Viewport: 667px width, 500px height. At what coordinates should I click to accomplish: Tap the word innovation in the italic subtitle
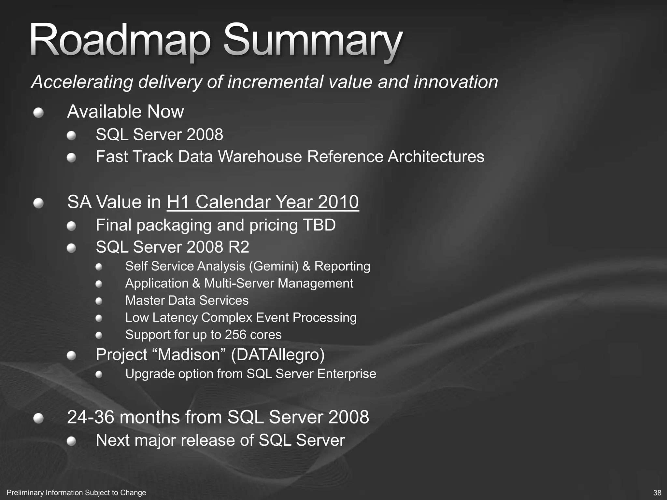coord(456,82)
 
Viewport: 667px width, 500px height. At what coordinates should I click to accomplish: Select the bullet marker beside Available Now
coord(38,113)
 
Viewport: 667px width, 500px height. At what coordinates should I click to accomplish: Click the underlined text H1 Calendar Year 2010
coord(263,202)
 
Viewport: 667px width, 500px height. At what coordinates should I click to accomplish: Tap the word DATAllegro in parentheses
coord(278,354)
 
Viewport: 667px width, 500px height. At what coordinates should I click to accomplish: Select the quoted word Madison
coord(193,354)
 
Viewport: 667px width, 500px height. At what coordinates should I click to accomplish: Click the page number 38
coord(657,493)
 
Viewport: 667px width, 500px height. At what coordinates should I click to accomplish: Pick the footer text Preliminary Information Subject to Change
coord(77,493)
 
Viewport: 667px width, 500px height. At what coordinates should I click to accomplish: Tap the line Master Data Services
coord(187,300)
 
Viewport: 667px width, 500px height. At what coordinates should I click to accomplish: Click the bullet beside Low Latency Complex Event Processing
coord(99,318)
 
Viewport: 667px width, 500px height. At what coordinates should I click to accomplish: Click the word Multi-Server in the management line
coord(239,284)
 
